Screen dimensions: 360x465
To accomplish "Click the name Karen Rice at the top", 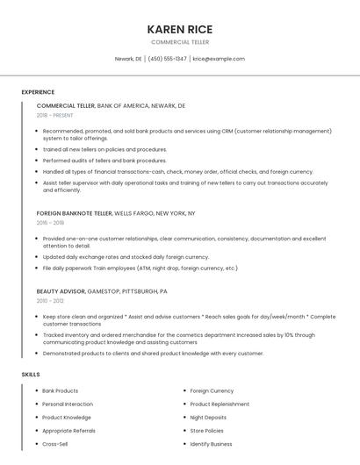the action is pyautogui.click(x=180, y=29).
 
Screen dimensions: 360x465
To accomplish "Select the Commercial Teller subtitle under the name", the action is pyautogui.click(x=180, y=42).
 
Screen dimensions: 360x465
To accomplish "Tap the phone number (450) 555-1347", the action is pyautogui.click(x=168, y=59).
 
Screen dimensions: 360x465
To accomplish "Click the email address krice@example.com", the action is pyautogui.click(x=219, y=59).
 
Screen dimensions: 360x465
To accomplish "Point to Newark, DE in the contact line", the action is pyautogui.click(x=128, y=59).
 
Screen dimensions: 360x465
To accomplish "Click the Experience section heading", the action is pyautogui.click(x=38, y=92).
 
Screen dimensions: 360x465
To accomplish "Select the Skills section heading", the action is pyautogui.click(x=31, y=375).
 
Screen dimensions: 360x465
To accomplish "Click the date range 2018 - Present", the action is pyautogui.click(x=55, y=116).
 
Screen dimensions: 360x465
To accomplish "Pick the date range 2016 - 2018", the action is pyautogui.click(x=50, y=224).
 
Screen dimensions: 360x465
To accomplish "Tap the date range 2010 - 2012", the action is pyautogui.click(x=50, y=301).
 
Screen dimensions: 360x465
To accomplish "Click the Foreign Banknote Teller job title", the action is pyautogui.click(x=75, y=213).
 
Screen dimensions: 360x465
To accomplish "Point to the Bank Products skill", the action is pyautogui.click(x=61, y=390).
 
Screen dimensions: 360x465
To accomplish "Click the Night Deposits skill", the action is pyautogui.click(x=208, y=418).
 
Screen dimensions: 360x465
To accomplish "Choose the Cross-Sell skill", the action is pyautogui.click(x=55, y=445).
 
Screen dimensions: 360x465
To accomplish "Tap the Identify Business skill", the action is pyautogui.click(x=211, y=445).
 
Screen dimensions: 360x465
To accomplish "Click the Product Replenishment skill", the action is pyautogui.click(x=220, y=404).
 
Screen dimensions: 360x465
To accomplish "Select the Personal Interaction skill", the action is pyautogui.click(x=68, y=404).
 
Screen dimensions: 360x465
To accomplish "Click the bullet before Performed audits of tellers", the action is pyautogui.click(x=38, y=161).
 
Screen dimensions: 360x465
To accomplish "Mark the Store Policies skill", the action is pyautogui.click(x=207, y=431).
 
